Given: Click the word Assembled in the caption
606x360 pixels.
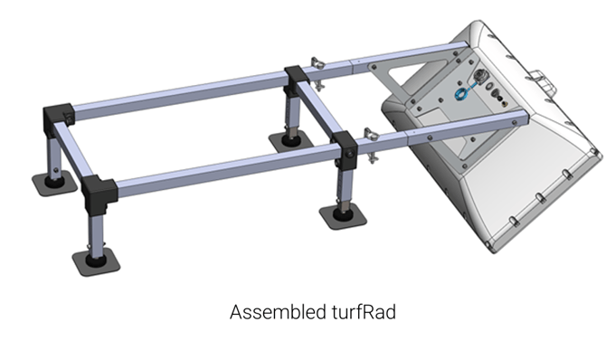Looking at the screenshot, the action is coord(278,312).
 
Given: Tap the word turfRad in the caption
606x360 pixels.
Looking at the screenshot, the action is coord(364,312).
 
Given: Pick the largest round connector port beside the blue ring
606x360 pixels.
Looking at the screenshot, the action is coord(480,75).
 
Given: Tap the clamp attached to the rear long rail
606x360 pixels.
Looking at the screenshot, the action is coord(317,73).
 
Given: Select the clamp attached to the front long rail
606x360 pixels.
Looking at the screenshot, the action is coord(372,146).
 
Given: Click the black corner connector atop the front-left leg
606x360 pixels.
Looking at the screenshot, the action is coord(99,194).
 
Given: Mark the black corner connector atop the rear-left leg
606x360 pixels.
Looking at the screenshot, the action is coord(58,118).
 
